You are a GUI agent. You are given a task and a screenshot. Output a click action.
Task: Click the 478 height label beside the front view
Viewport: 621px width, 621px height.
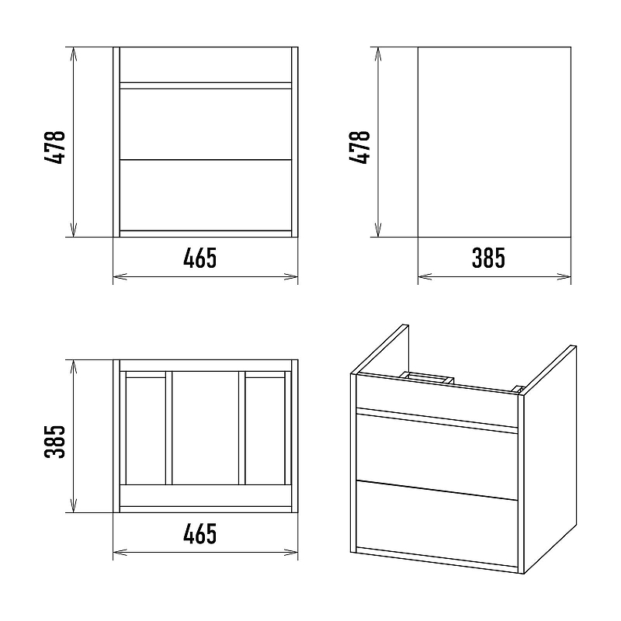tap(55, 147)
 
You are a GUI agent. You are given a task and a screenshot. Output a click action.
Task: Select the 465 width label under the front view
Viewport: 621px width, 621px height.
tap(200, 258)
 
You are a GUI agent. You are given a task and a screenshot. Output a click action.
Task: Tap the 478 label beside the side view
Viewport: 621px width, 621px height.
tap(359, 147)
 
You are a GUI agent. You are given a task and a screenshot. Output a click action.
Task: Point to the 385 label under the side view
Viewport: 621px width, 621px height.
tap(488, 258)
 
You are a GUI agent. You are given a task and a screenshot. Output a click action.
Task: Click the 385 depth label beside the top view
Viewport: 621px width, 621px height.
tap(55, 442)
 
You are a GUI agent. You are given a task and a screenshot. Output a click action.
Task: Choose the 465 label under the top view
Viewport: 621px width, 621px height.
tap(200, 533)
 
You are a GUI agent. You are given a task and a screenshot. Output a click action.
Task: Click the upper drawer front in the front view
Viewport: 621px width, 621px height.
tap(206, 124)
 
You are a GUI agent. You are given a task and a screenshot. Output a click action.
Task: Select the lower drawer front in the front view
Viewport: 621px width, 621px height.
tap(206, 195)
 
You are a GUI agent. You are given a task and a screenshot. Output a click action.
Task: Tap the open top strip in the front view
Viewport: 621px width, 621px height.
tap(206, 65)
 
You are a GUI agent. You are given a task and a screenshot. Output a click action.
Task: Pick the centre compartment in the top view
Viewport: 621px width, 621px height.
tap(206, 428)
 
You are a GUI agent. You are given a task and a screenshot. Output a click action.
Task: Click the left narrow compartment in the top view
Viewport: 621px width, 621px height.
tap(146, 431)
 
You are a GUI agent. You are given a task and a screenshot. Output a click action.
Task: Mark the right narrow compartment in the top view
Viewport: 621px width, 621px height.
tap(265, 431)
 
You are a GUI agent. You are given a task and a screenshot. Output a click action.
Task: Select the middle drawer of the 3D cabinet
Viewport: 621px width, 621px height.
tap(437, 456)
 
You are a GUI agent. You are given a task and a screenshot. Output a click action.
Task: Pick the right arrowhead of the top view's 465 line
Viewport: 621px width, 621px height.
tap(291, 552)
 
